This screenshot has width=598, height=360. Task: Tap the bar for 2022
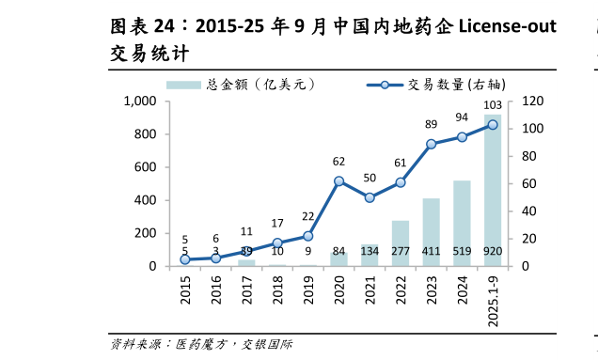pos(401,243)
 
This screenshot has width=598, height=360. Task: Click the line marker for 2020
pos(338,181)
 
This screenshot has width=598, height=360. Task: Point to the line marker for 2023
pos(431,144)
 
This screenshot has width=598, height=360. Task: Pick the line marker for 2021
pos(370,197)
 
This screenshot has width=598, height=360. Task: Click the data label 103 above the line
pos(492,105)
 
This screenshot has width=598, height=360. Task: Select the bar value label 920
pos(493,252)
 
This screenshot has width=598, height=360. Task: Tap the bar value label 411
pos(431,252)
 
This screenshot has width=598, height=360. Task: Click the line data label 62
pos(338,162)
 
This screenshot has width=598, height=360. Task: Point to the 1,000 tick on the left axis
pos(139,101)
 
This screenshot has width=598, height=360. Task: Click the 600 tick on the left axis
pos(144,167)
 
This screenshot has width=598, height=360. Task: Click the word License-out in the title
pos(506,25)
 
